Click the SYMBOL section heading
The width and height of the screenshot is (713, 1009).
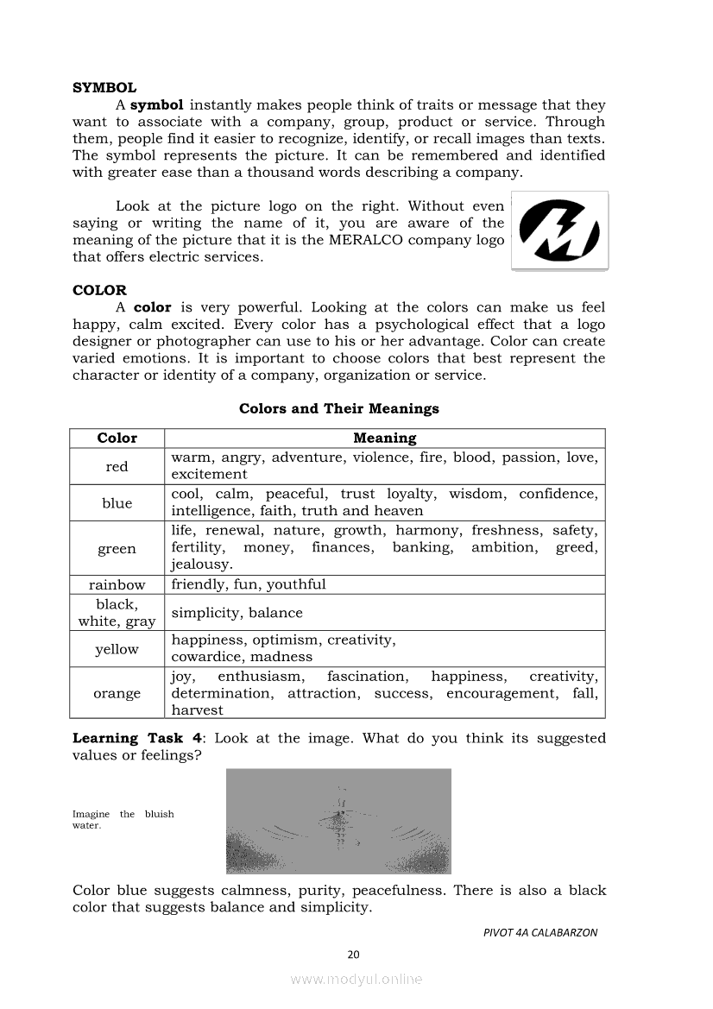pyautogui.click(x=104, y=88)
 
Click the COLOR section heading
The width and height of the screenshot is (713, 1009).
pyautogui.click(x=99, y=290)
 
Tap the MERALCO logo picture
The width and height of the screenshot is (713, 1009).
pyautogui.click(x=559, y=231)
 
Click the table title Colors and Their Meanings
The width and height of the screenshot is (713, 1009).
pyautogui.click(x=338, y=408)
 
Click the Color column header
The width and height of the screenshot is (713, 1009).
pyautogui.click(x=117, y=438)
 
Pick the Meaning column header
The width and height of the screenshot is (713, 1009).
pyautogui.click(x=384, y=438)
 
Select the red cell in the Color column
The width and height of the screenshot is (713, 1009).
pyautogui.click(x=117, y=467)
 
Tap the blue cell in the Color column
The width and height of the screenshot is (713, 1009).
pyautogui.click(x=117, y=503)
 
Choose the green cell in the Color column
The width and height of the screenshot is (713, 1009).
pyautogui.click(x=117, y=549)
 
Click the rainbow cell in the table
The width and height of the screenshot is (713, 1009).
pyautogui.click(x=117, y=584)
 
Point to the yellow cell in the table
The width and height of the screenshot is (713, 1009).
pyautogui.click(x=117, y=649)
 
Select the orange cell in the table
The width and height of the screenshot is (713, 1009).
pyautogui.click(x=117, y=693)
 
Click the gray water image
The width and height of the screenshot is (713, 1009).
pyautogui.click(x=338, y=821)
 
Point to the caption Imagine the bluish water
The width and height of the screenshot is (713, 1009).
pyautogui.click(x=123, y=819)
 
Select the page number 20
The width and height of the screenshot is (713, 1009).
pyautogui.click(x=352, y=954)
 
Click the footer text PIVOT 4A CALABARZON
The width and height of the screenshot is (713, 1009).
pyautogui.click(x=539, y=932)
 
